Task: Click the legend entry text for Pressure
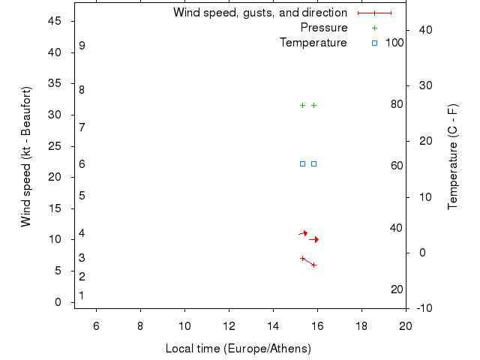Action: tap(324, 28)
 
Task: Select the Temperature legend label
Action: tap(313, 43)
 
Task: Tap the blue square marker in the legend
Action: tap(374, 43)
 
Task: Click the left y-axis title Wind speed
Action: tap(26, 157)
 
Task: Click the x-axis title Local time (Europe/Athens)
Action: tap(238, 349)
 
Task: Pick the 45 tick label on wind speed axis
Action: tap(55, 21)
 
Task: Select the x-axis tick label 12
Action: tap(229, 325)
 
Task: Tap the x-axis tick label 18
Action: tap(361, 325)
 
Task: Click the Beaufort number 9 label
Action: tap(82, 46)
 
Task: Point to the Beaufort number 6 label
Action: tap(82, 164)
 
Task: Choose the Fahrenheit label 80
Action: tap(397, 104)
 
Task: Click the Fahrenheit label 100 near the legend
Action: tap(394, 43)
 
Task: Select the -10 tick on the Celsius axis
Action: tap(422, 308)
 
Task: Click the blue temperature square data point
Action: tap(302, 163)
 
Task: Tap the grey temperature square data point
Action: tap(313, 163)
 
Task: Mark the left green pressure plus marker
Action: tap(302, 105)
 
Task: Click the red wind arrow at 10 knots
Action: tap(314, 239)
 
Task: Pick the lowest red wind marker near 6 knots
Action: tap(313, 265)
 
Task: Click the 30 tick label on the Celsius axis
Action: tap(421, 85)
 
